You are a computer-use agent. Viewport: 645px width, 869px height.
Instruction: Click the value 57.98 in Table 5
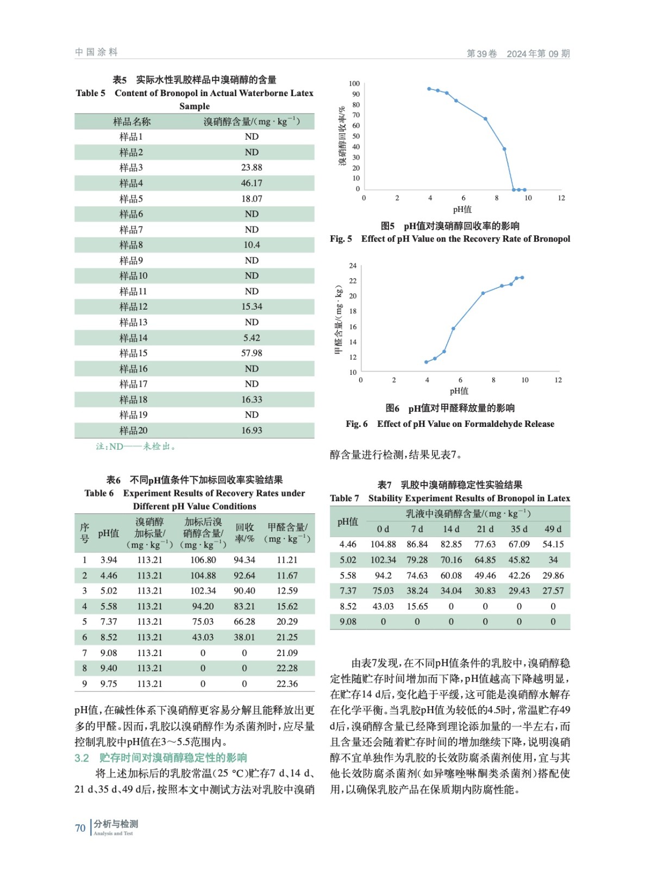(x=252, y=353)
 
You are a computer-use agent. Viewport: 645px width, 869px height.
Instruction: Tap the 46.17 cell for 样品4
(x=252, y=183)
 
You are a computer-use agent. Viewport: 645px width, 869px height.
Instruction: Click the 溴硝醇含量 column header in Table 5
(x=252, y=122)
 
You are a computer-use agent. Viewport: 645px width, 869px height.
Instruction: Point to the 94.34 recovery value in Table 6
(x=244, y=560)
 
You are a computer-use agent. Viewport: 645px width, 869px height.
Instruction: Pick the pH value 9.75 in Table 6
(x=108, y=684)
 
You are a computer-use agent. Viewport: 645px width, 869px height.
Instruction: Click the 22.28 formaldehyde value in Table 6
(x=287, y=668)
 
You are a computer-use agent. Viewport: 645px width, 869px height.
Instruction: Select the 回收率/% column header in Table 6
(x=245, y=533)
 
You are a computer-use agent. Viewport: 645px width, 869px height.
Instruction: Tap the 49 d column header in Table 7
(x=553, y=529)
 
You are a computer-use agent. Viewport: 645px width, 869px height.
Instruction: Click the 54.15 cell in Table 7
(x=553, y=544)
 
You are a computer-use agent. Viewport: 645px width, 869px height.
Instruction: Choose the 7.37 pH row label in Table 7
(x=348, y=590)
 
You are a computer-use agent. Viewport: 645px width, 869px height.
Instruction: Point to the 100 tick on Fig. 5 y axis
(x=354, y=84)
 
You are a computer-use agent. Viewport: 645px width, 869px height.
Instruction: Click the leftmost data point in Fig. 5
(x=429, y=89)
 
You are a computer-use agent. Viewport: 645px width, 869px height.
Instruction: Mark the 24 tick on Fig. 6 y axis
(x=353, y=266)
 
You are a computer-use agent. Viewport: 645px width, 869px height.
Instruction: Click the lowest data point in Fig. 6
(x=426, y=362)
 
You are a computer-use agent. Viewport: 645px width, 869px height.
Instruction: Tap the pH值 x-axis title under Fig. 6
(x=459, y=391)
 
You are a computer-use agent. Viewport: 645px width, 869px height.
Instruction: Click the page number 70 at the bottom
(x=80, y=828)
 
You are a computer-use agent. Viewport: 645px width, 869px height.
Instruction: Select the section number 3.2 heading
(x=82, y=758)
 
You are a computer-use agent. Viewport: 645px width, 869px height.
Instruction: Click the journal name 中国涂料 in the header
(x=96, y=52)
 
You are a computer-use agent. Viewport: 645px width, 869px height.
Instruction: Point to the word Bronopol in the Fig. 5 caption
(x=551, y=239)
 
